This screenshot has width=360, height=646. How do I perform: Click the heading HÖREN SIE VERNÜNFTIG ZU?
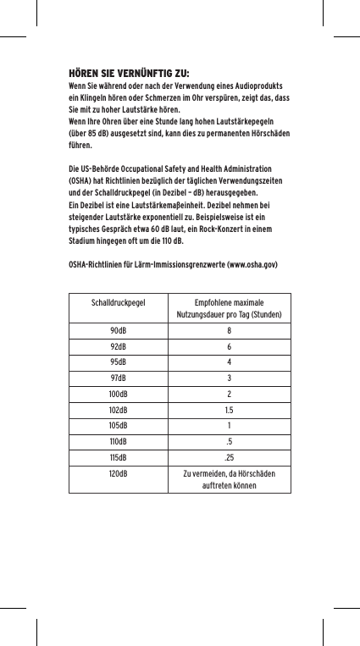click(128, 72)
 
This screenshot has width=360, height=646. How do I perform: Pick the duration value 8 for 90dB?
click(229, 330)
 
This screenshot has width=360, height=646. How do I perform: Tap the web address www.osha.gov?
click(248, 266)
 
